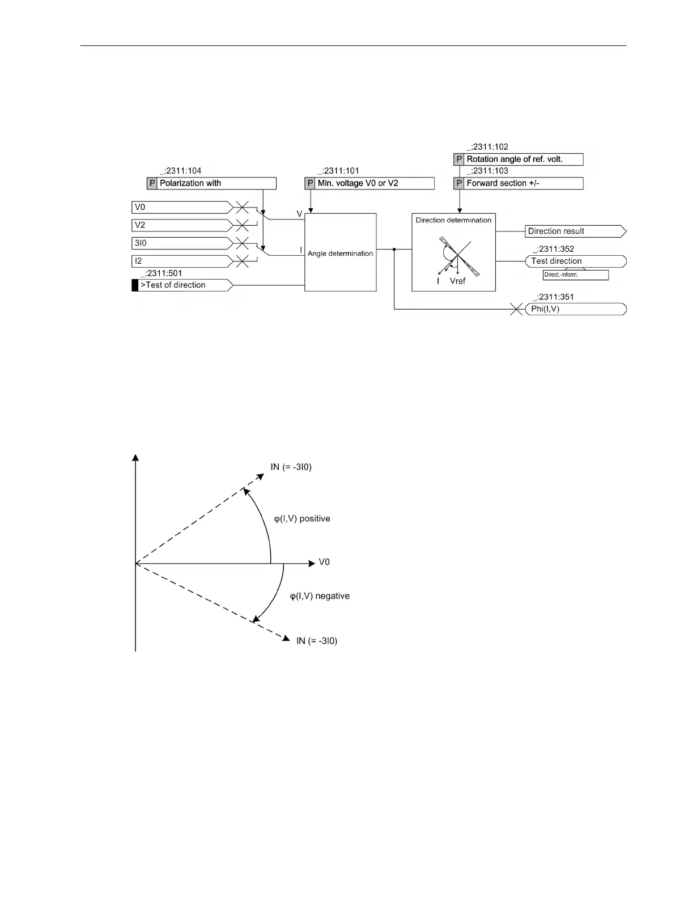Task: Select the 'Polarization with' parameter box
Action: [211, 183]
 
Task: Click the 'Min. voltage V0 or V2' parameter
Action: [369, 183]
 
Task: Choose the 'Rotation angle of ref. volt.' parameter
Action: [519, 159]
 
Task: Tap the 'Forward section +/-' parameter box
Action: [519, 183]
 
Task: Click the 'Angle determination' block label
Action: [340, 253]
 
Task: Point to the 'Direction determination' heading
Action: [453, 220]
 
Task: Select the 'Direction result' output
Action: [574, 231]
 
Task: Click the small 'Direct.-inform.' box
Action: [575, 275]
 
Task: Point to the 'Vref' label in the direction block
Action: [457, 281]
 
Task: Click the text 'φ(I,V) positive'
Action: [302, 519]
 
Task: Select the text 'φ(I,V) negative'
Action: [320, 596]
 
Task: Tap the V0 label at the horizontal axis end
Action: [324, 562]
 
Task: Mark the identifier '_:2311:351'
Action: [553, 297]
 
